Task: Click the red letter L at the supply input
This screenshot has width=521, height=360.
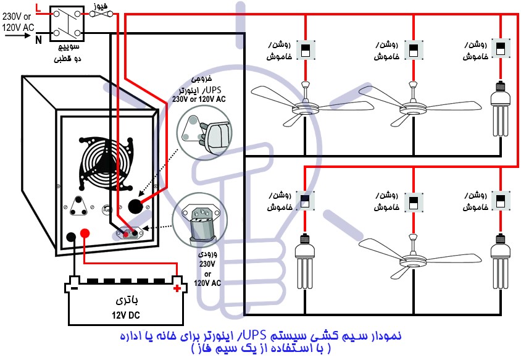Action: pyautogui.click(x=39, y=8)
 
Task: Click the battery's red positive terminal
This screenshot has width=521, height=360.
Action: pyautogui.click(x=178, y=288)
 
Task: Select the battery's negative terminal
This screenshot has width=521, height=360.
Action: pyautogui.click(x=73, y=288)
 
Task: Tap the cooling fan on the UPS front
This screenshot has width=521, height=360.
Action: pyautogui.click(x=106, y=162)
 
